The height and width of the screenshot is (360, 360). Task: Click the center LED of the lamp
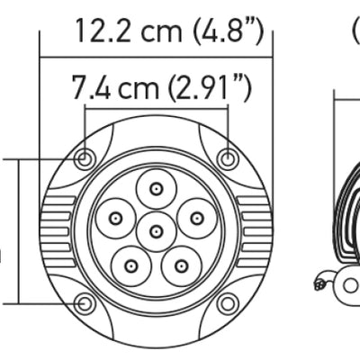[157, 231]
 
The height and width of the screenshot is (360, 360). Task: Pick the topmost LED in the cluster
[157, 189]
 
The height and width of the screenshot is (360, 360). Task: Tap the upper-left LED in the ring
[116, 218]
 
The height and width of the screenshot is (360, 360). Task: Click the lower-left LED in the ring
[132, 265]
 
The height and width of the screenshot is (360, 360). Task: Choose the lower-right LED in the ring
[181, 265]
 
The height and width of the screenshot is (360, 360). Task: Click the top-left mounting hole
[85, 159]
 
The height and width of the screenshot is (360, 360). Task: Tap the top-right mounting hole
[229, 159]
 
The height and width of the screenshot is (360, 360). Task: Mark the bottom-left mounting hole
[85, 303]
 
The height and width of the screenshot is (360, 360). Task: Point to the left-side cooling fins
[57, 231]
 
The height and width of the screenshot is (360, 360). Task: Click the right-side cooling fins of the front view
[256, 231]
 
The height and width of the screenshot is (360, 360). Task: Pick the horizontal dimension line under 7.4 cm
[156, 108]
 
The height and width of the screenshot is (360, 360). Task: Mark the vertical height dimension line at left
[18, 231]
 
